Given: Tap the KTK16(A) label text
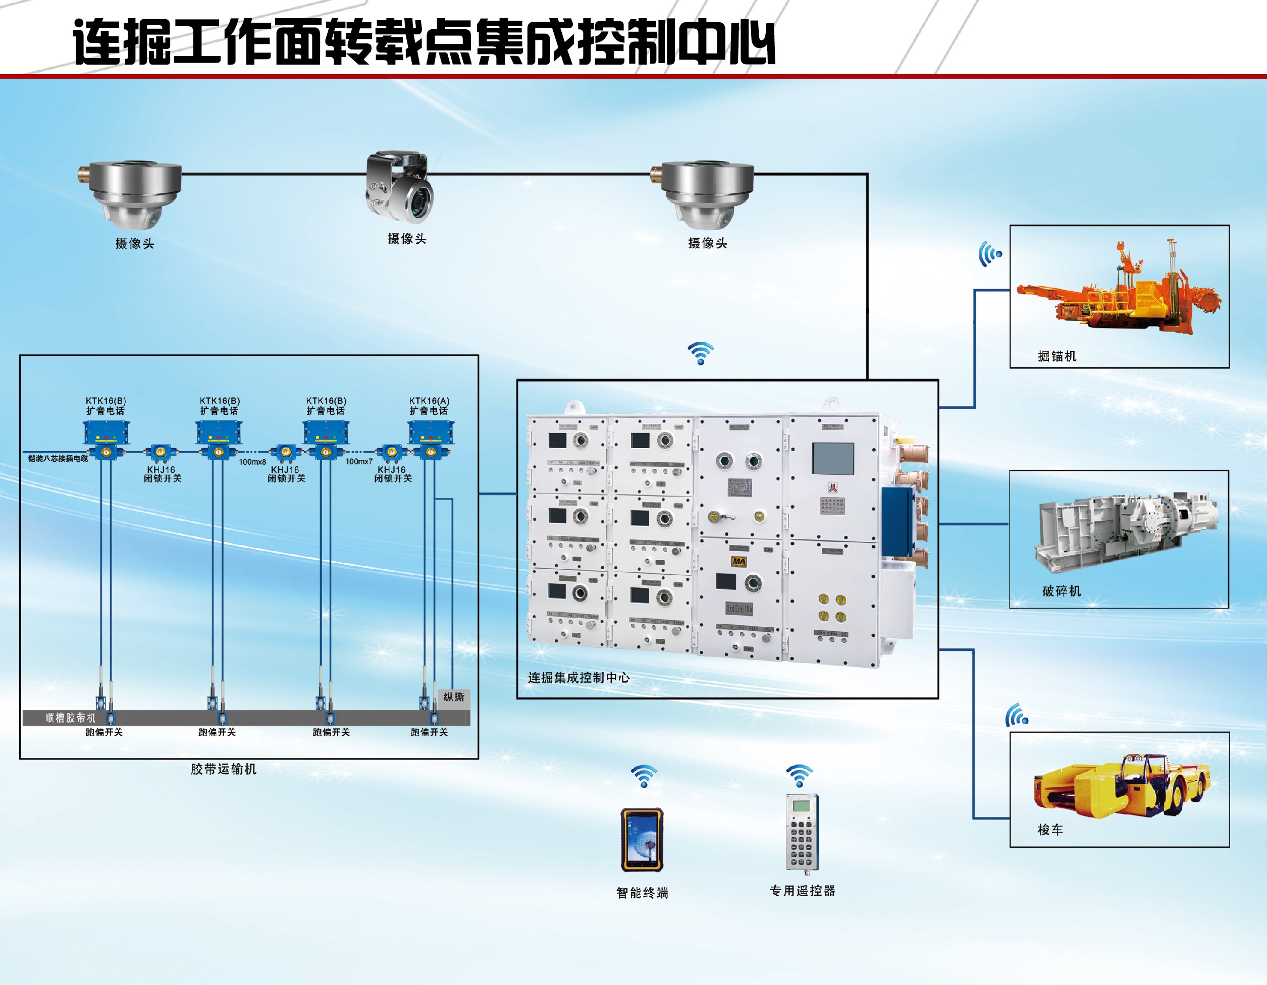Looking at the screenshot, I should click(x=429, y=401).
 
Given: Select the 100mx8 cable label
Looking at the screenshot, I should click(x=252, y=462).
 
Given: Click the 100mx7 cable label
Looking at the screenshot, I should click(x=359, y=461).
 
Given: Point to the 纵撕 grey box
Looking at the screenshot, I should click(x=454, y=697).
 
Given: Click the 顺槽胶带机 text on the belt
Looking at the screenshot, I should click(x=70, y=718).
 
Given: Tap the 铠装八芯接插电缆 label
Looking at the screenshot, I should click(x=58, y=458).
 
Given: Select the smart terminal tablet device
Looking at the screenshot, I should click(x=642, y=839).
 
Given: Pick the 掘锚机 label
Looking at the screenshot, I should click(x=1057, y=356).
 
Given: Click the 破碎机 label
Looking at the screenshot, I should click(x=1062, y=591).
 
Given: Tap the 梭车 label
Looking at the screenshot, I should click(x=1050, y=830).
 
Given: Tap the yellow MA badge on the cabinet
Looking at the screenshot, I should click(x=738, y=561).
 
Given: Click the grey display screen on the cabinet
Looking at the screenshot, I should click(x=833, y=458).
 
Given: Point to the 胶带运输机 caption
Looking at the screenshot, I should click(x=223, y=769).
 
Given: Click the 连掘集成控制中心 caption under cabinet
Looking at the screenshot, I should click(x=578, y=678).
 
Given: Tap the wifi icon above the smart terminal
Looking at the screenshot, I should click(x=644, y=776).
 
